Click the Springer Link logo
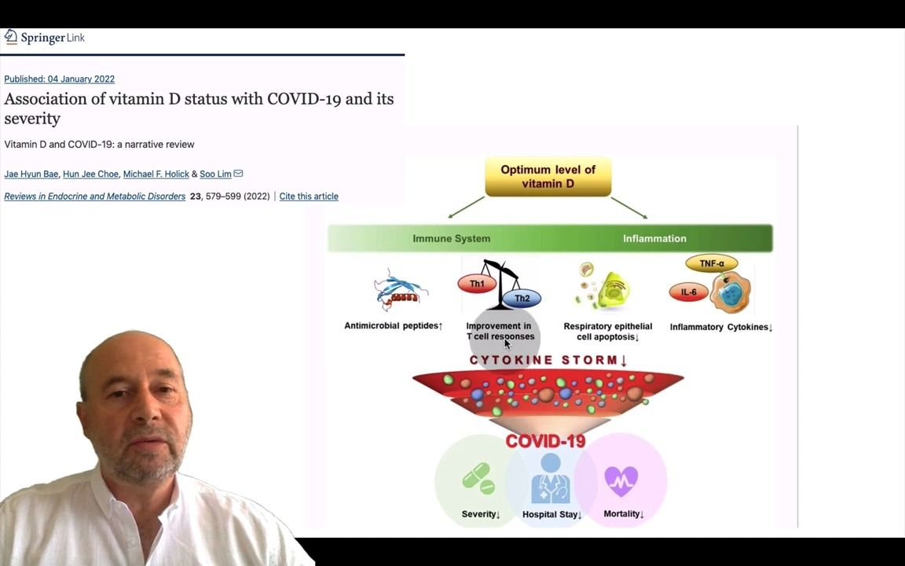44,38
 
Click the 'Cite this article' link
309,197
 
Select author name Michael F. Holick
156,174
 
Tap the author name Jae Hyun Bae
31,174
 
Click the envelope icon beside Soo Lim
238,174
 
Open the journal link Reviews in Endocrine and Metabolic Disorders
94,197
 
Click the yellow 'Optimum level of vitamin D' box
548,177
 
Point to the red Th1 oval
477,284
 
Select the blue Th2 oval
522,299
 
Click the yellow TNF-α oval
711,264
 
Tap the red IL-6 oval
688,292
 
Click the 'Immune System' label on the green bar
451,239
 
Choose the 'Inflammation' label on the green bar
654,239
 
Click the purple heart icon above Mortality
621,480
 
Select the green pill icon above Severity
478,478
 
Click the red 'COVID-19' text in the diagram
545,441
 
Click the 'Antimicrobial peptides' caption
393,326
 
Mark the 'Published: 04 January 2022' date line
59,79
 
